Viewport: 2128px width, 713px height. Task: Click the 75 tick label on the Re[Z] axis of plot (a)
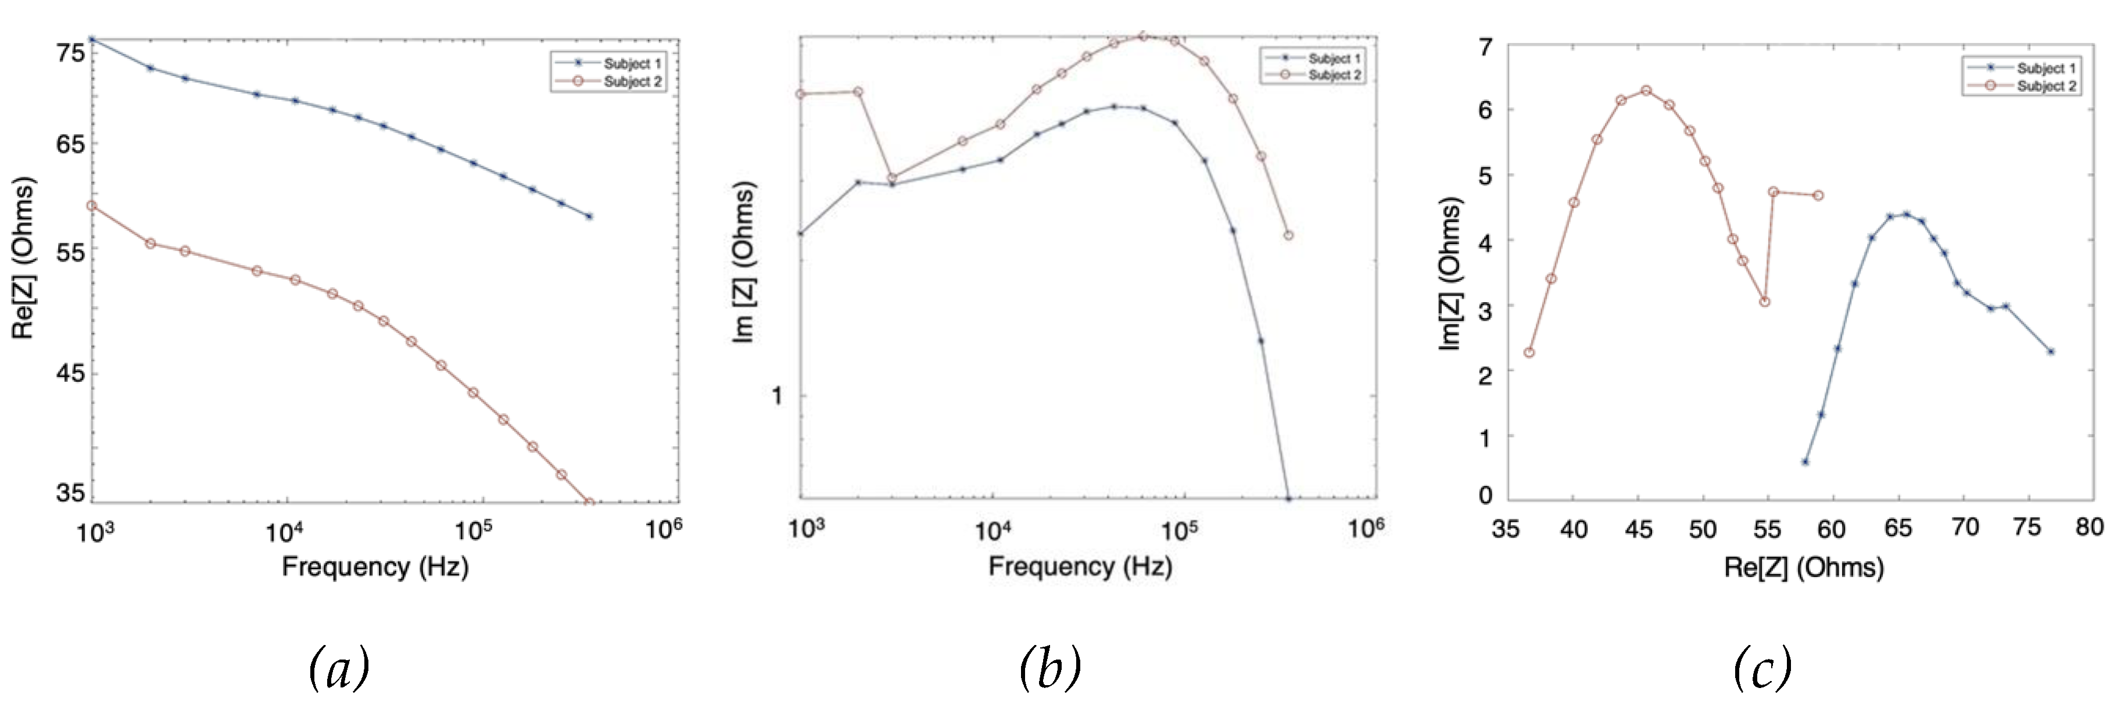tap(70, 53)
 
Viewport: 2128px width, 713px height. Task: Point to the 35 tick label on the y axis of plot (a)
tap(70, 492)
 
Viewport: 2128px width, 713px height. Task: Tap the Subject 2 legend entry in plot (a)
tap(632, 82)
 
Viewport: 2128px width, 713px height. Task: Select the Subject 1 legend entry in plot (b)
tap(1333, 59)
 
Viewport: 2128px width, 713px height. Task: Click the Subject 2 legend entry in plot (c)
tap(2045, 86)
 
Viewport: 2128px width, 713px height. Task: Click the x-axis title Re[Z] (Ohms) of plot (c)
tap(1803, 568)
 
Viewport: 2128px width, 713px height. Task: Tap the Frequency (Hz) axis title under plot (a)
tap(375, 567)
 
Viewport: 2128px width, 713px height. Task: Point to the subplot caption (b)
tap(1049, 668)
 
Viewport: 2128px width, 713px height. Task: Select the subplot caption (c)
tap(1762, 668)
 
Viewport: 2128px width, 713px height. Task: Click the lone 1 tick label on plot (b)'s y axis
tap(776, 396)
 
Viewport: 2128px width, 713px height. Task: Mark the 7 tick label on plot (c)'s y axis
tap(1486, 47)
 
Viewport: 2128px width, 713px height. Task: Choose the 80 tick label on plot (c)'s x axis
tap(2089, 527)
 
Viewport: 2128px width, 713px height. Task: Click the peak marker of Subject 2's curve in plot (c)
tap(1646, 90)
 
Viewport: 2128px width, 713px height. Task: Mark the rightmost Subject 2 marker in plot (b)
tap(1288, 235)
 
